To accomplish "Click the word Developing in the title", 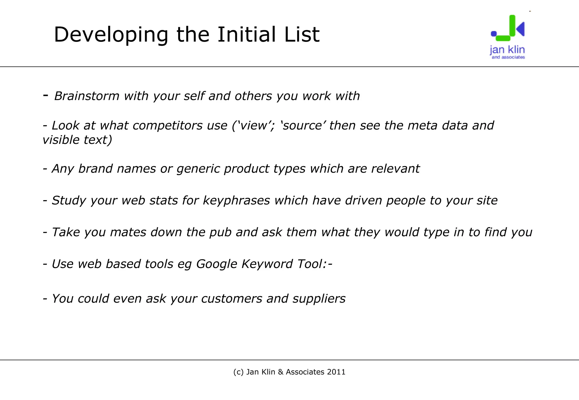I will pyautogui.click(x=111, y=35).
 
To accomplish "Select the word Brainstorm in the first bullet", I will pyautogui.click(x=87, y=96).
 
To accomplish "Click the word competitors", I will pyautogui.click(x=180, y=125).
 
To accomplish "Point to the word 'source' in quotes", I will pyautogui.click(x=303, y=125).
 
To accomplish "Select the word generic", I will pyautogui.click(x=198, y=169).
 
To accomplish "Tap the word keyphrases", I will pyautogui.click(x=236, y=201).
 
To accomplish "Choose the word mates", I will pyautogui.click(x=128, y=232).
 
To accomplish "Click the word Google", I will pyautogui.click(x=217, y=264).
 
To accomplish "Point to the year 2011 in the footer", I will pyautogui.click(x=336, y=372).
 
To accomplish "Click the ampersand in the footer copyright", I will pyautogui.click(x=280, y=372).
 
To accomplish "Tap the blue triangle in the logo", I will pyautogui.click(x=521, y=29).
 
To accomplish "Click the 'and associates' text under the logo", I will pyautogui.click(x=508, y=57).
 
